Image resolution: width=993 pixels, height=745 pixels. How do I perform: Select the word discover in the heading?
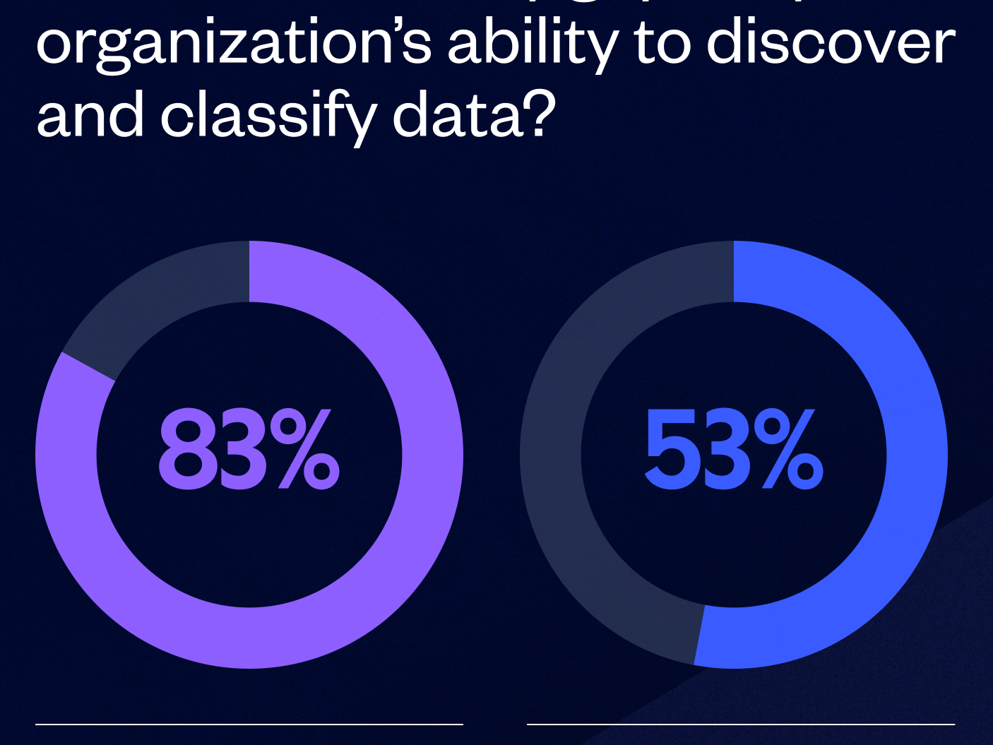click(831, 44)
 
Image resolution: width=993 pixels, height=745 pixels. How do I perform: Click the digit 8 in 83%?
click(185, 450)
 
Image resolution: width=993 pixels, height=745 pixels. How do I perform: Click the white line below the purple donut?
click(249, 724)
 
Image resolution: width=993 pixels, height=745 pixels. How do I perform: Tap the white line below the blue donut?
click(740, 724)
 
